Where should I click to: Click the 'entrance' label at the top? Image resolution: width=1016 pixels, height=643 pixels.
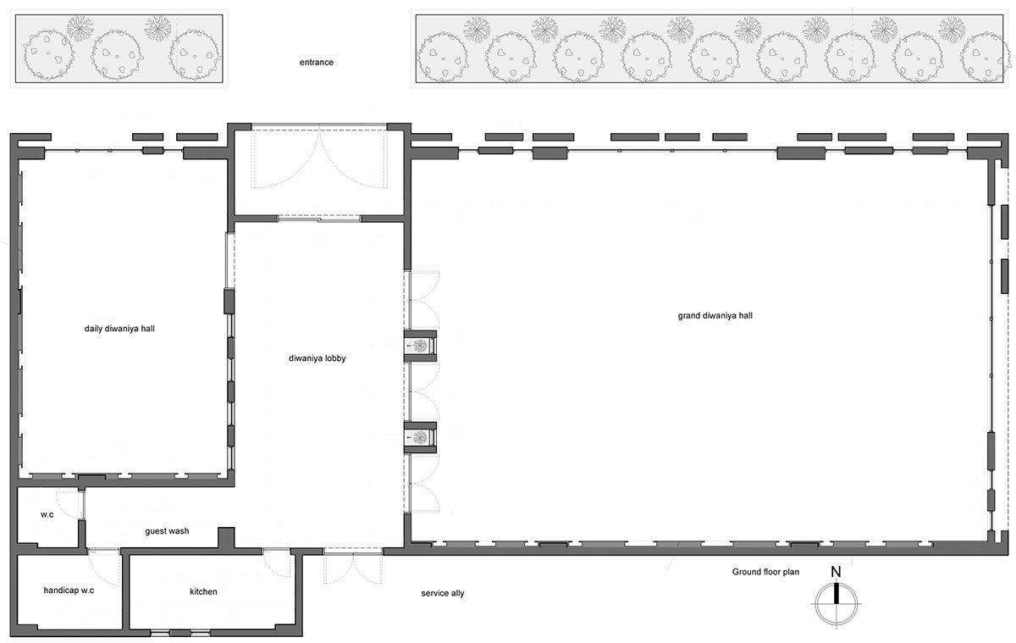317,63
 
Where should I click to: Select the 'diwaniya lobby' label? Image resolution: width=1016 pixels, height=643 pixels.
317,358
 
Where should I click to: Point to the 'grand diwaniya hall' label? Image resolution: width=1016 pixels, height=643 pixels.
715,315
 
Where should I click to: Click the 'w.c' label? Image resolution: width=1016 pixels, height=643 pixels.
47,513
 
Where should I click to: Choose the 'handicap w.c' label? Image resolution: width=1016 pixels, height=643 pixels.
69,590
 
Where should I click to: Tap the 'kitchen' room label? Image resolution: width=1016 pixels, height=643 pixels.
203,591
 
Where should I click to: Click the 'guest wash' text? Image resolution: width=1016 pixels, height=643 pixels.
166,531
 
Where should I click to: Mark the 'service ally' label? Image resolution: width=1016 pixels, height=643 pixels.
442,593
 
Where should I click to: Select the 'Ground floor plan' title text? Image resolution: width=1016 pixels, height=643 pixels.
765,572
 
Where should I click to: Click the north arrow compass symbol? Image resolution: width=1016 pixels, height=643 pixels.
837,607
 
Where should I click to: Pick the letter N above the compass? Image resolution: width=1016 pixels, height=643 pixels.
836,573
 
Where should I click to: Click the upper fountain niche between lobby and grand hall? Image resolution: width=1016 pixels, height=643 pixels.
419,345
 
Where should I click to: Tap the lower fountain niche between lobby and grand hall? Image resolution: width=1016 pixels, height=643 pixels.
419,437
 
